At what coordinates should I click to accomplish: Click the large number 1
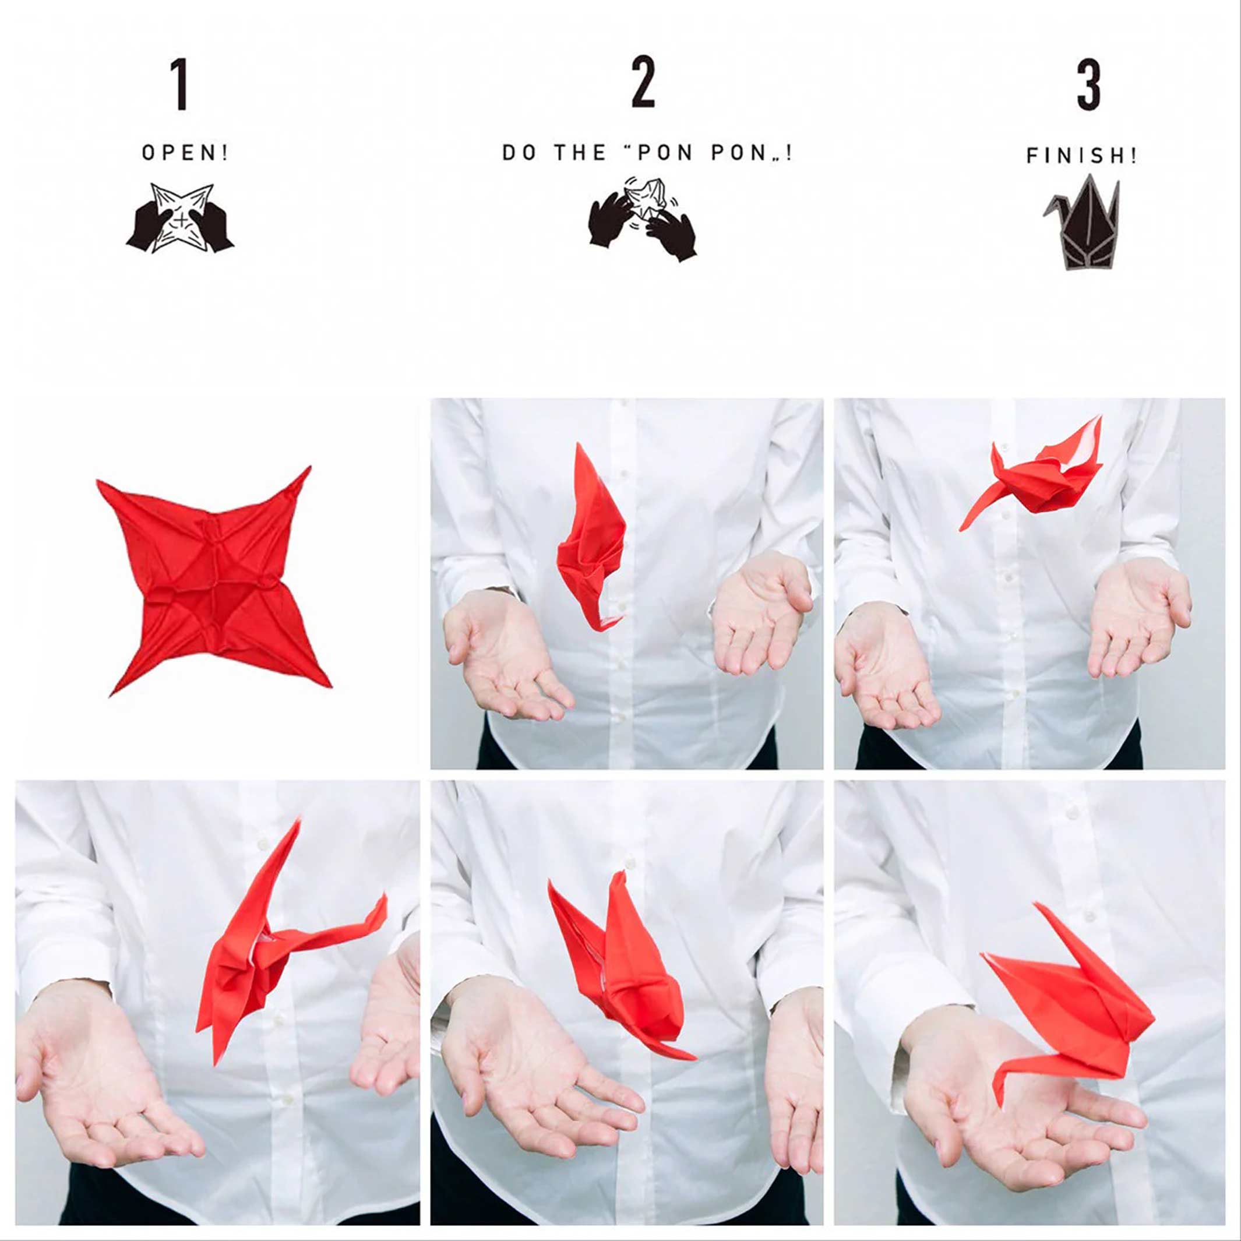[x=181, y=84]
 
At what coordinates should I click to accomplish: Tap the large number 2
[x=643, y=82]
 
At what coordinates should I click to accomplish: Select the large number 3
[x=1089, y=85]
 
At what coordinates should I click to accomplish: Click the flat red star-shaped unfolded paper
[x=212, y=578]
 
